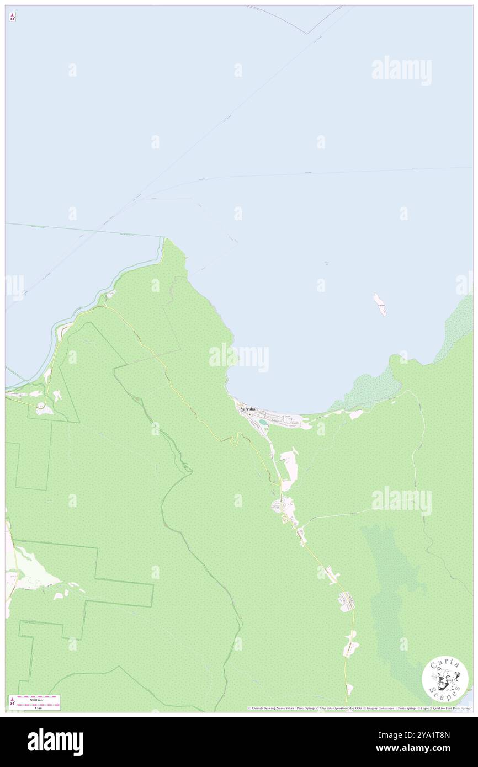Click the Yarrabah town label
coord(249,409)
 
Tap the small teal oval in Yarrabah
coord(262,422)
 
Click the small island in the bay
coord(380,304)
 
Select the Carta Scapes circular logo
coord(445,679)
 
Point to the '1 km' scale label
coord(38,708)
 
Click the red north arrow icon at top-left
coord(12,17)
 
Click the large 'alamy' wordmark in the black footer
coord(55,742)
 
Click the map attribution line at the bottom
coord(359,708)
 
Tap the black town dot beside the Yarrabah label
coord(249,414)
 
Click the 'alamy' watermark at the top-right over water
coord(401,71)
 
